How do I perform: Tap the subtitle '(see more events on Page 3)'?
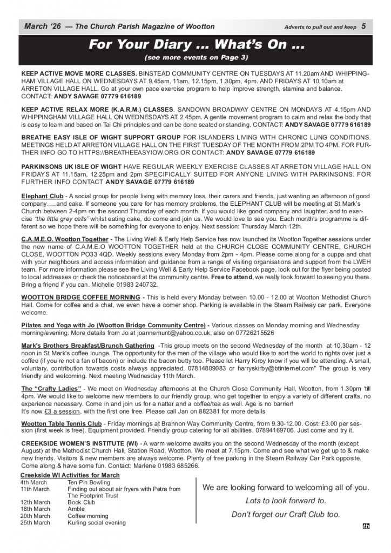tap(194, 58)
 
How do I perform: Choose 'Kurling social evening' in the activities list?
tap(97, 522)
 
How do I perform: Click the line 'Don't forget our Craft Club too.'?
tap(286, 514)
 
